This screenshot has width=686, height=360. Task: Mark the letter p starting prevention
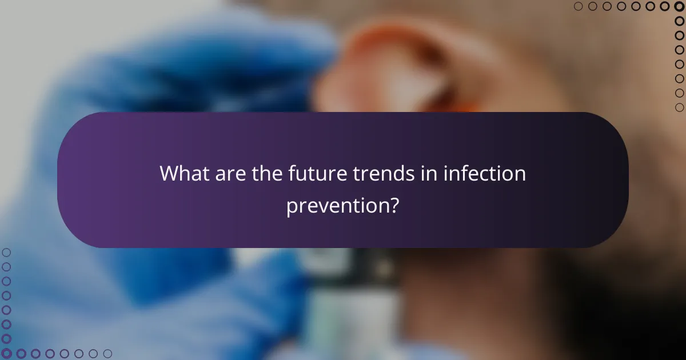click(292, 207)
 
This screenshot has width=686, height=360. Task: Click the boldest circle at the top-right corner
click(679, 6)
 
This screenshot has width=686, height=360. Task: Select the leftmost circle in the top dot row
click(578, 6)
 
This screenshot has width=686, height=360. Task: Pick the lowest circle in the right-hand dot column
click(679, 107)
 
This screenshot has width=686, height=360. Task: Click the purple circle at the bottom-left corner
click(6, 354)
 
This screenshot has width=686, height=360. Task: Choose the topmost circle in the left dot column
click(6, 252)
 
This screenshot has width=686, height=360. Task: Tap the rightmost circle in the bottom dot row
click(107, 354)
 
